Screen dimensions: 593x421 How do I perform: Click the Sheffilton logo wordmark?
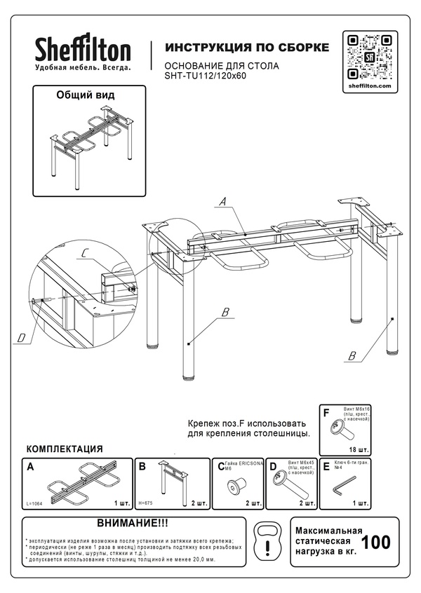pos(83,50)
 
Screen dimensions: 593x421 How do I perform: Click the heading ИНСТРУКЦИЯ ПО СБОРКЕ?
pos(246,48)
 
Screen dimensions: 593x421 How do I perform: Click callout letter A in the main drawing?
pos(222,202)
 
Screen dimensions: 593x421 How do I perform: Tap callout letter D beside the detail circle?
pos(21,339)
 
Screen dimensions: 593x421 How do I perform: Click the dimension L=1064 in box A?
pos(34,503)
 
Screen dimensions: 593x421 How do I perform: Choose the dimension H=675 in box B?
pos(145,503)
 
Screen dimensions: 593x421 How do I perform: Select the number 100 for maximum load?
pos(375,543)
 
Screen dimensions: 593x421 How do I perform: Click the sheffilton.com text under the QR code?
pos(369,85)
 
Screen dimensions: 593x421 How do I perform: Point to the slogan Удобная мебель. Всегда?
pos(83,67)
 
